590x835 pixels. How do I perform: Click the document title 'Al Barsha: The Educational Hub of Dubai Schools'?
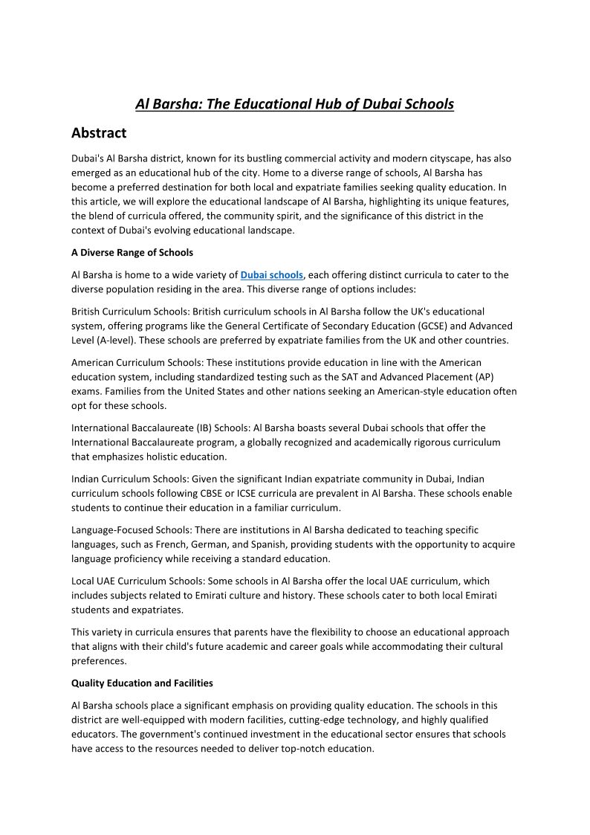[294, 104]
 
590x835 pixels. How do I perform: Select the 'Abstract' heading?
[99, 133]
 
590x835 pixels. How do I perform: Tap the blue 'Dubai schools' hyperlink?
[272, 275]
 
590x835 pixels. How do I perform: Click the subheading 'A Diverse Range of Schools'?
[132, 253]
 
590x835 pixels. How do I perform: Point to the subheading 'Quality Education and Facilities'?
[142, 683]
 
